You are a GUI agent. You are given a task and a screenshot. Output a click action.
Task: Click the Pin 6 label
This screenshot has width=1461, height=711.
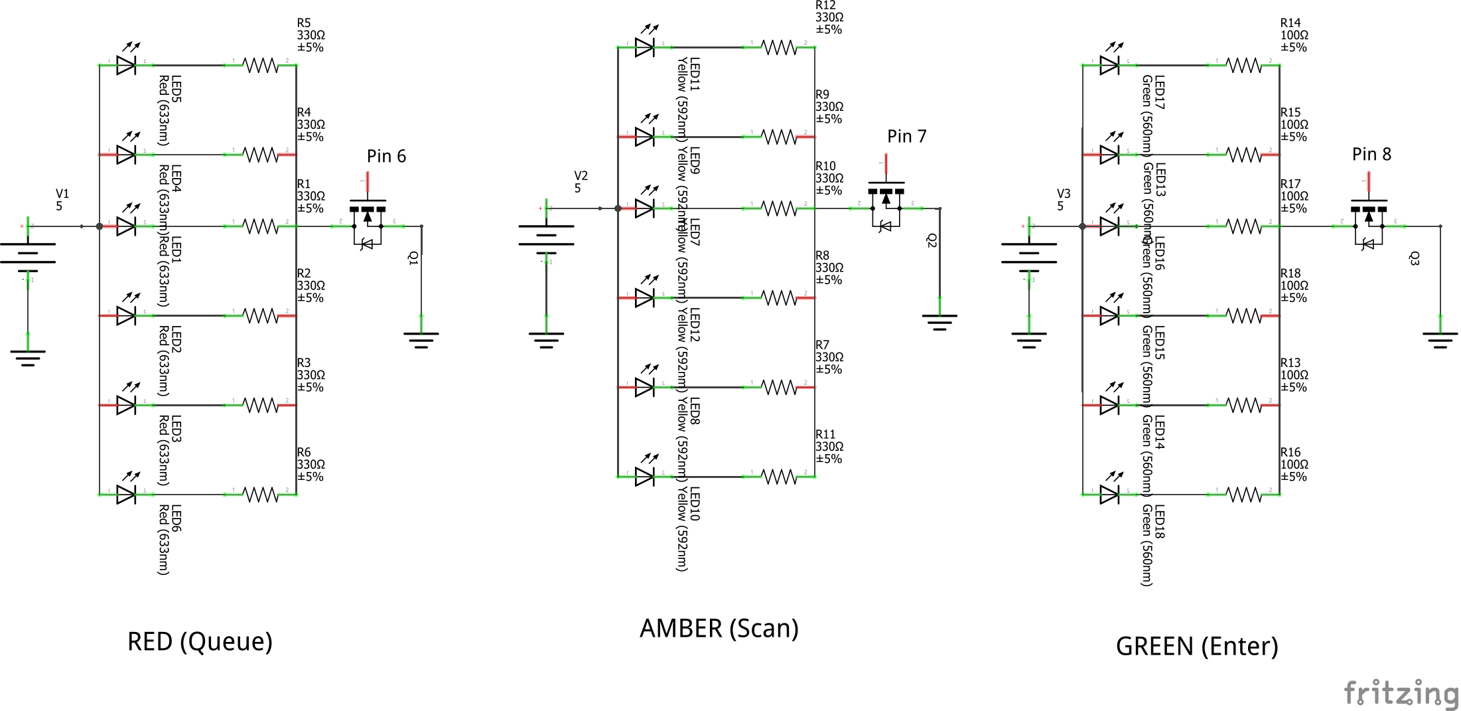386,157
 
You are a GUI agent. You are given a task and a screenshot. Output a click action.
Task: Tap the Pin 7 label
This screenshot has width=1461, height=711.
906,137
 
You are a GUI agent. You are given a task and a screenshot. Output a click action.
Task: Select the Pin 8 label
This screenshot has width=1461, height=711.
1371,155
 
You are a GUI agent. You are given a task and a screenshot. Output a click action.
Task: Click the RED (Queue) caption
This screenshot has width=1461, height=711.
200,642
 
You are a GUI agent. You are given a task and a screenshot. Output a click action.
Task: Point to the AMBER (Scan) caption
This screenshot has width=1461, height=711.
719,629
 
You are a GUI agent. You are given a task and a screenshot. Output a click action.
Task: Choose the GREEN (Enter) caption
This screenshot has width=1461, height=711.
1196,647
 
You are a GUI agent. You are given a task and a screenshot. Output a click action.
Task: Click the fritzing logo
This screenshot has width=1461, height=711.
1401,693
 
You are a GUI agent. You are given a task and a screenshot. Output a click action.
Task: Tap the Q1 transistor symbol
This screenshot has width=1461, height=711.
368,222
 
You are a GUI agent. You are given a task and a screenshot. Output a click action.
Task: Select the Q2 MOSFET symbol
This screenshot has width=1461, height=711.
886,204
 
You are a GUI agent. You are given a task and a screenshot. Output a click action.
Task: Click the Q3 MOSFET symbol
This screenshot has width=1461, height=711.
1369,222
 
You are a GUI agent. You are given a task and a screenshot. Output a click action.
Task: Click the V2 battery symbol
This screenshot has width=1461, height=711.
546,236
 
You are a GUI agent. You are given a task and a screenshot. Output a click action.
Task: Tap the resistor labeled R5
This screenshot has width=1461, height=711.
261,65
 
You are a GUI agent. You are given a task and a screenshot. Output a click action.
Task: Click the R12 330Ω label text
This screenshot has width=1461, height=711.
829,17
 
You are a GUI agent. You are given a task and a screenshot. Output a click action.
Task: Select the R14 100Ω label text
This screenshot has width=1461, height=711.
1294,35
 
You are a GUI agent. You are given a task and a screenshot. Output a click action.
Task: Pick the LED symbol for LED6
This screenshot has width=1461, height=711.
126,493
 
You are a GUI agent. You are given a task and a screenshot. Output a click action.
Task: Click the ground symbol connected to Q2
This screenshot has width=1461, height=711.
939,322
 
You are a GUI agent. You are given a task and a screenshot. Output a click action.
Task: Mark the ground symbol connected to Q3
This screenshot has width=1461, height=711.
1440,340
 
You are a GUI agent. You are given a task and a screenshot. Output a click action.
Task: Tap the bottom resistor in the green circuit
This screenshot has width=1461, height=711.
1244,495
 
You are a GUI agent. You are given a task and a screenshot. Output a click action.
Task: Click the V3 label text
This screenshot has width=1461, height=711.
1063,199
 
